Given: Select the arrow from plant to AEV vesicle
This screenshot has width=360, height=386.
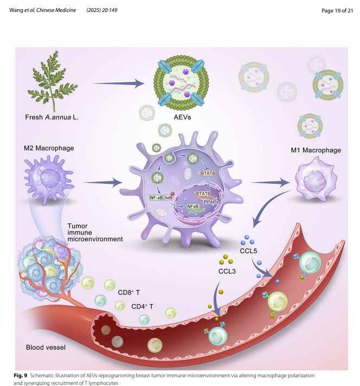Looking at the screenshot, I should [118, 83].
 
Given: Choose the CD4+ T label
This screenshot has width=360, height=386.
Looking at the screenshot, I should [143, 306].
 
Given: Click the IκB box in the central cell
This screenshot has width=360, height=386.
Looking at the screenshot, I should [169, 198].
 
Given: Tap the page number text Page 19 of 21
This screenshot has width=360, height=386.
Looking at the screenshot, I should [335, 10].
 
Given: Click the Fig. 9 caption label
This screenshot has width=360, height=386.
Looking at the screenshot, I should [21, 375].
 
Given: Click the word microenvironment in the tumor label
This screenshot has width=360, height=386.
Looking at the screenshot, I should [95, 239].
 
